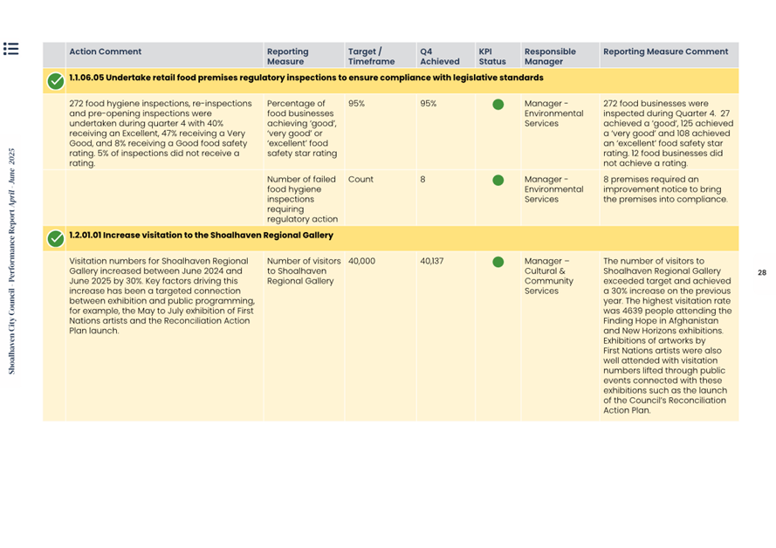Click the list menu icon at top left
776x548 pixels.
[10, 49]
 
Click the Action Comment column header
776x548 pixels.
[105, 51]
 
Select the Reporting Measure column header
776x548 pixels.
[287, 57]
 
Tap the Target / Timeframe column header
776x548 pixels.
[370, 57]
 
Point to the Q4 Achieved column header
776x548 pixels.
[439, 57]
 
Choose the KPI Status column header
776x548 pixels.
[491, 57]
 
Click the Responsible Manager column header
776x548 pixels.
[550, 57]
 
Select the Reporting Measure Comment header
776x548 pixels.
[665, 51]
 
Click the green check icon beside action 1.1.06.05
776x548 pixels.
[55, 81]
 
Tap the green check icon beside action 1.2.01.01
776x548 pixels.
[55, 238]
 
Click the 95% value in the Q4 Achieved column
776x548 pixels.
[428, 103]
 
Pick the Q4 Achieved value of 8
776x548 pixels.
[422, 179]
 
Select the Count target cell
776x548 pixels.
[361, 179]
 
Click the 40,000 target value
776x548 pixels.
[361, 261]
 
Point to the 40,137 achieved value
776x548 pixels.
[431, 261]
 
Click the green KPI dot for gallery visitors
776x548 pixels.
[498, 262]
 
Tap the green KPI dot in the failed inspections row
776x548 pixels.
[498, 180]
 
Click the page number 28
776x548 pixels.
[761, 273]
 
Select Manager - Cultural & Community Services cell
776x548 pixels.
[548, 276]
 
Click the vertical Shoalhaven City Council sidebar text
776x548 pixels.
[12, 261]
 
